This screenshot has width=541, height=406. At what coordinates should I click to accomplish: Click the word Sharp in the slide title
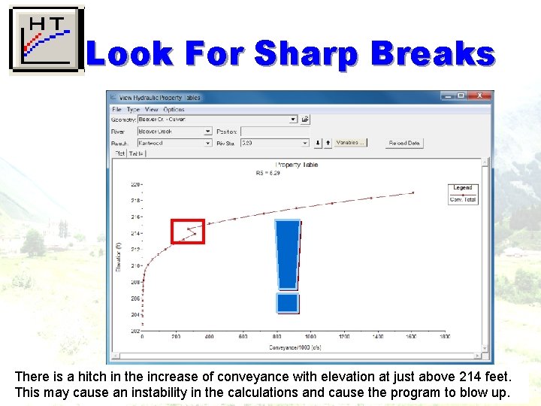308,54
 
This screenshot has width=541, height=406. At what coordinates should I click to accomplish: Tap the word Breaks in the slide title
433,54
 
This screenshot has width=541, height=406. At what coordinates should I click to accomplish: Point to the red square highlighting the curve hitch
188,231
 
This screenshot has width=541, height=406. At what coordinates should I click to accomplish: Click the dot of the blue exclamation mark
288,302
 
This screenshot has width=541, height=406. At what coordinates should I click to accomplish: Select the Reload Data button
404,143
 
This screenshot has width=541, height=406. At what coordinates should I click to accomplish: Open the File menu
117,110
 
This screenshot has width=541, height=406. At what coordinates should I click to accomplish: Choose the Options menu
174,110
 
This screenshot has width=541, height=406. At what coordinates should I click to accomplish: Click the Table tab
136,153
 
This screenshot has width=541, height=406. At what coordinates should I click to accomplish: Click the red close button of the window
481,96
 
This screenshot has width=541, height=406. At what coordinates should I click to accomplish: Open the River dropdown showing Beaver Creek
175,132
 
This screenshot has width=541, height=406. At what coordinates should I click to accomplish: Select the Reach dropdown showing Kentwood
175,143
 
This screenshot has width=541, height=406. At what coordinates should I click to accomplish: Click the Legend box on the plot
463,194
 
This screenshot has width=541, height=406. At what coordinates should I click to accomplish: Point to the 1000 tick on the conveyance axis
310,337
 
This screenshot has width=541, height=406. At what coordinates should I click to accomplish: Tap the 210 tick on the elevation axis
135,265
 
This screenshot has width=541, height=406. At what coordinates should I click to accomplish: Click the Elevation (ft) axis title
119,256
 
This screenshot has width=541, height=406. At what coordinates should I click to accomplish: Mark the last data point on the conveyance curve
413,192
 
